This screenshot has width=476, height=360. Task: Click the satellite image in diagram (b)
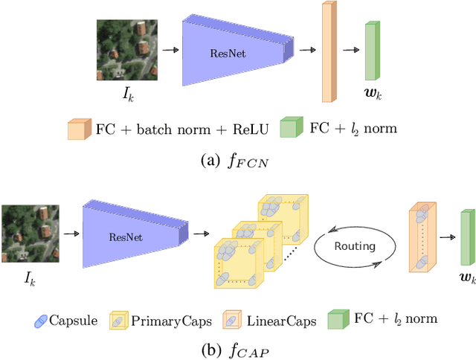coord(30,234)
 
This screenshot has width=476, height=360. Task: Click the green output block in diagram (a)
coord(372,51)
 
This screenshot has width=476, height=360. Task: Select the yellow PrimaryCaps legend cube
coord(119,321)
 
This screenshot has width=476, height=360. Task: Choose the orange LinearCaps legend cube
coord(232,321)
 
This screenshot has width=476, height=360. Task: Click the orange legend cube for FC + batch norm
coord(78,129)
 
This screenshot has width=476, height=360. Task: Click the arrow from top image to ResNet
coord(170,51)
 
